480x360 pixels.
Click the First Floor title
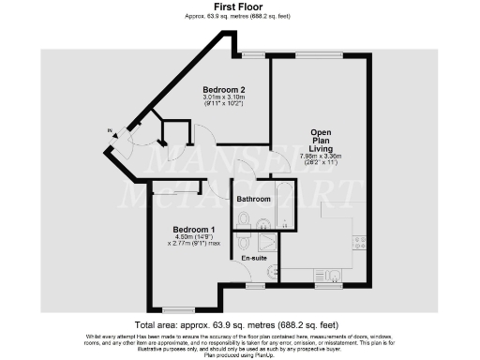(x=239, y=7)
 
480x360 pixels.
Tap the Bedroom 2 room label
(x=224, y=89)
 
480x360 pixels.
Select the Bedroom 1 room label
(x=194, y=230)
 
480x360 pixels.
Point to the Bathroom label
(x=253, y=200)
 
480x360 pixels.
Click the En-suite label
(x=254, y=257)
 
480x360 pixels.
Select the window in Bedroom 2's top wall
(x=251, y=55)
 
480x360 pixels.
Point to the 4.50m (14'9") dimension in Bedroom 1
(x=194, y=238)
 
